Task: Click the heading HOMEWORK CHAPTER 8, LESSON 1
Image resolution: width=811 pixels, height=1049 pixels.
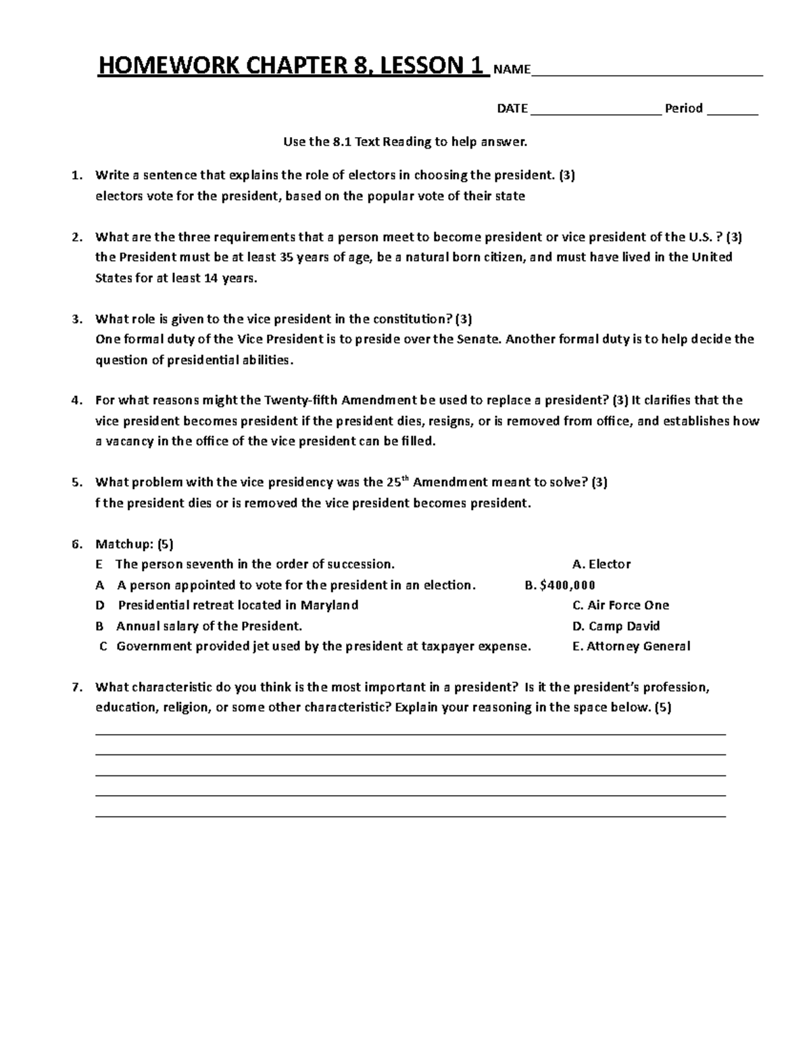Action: point(293,66)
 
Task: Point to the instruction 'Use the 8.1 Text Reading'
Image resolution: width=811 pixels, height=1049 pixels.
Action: point(404,142)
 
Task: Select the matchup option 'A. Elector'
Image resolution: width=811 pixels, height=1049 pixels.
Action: point(601,564)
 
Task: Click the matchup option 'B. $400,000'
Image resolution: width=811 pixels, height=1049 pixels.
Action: point(560,585)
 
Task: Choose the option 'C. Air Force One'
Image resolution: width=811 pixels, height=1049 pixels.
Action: point(620,605)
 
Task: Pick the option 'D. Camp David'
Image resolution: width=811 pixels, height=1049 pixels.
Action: point(616,626)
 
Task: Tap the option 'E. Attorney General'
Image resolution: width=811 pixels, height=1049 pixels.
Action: point(631,646)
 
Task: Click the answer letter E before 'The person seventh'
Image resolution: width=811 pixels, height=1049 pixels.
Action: point(99,564)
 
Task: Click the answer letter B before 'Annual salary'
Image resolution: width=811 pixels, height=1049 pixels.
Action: point(100,626)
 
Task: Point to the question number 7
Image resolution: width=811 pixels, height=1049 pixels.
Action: point(76,688)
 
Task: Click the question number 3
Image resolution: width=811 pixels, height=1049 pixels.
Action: point(76,319)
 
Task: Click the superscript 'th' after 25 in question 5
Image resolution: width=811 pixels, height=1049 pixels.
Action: point(405,478)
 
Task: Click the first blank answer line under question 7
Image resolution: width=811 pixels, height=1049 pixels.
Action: point(410,734)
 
